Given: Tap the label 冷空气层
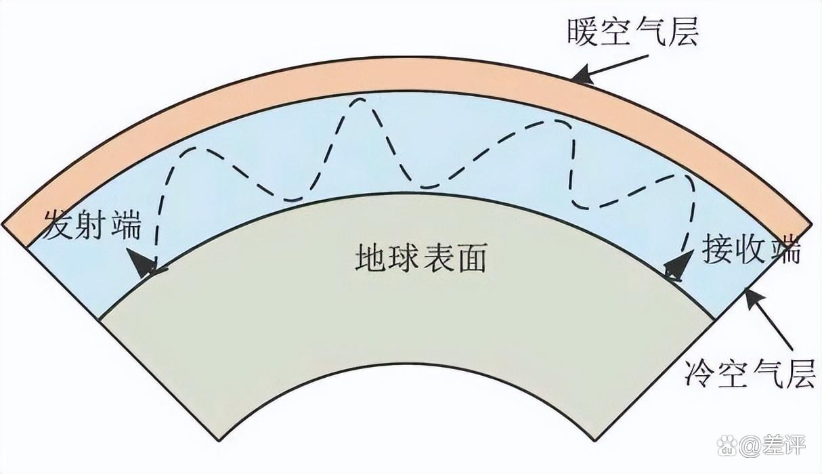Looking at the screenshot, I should tap(748, 372).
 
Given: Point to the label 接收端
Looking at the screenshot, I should tap(751, 251).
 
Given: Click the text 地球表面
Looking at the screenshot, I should tap(420, 258).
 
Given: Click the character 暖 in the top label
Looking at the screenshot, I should tap(583, 31).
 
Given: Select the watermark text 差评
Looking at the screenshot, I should tap(785, 446).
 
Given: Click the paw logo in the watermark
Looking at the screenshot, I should tap(727, 446).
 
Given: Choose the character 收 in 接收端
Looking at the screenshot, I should tap(751, 251).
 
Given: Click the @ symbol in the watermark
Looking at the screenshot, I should tap(751, 446).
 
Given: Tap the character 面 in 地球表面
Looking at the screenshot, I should tap(470, 258).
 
